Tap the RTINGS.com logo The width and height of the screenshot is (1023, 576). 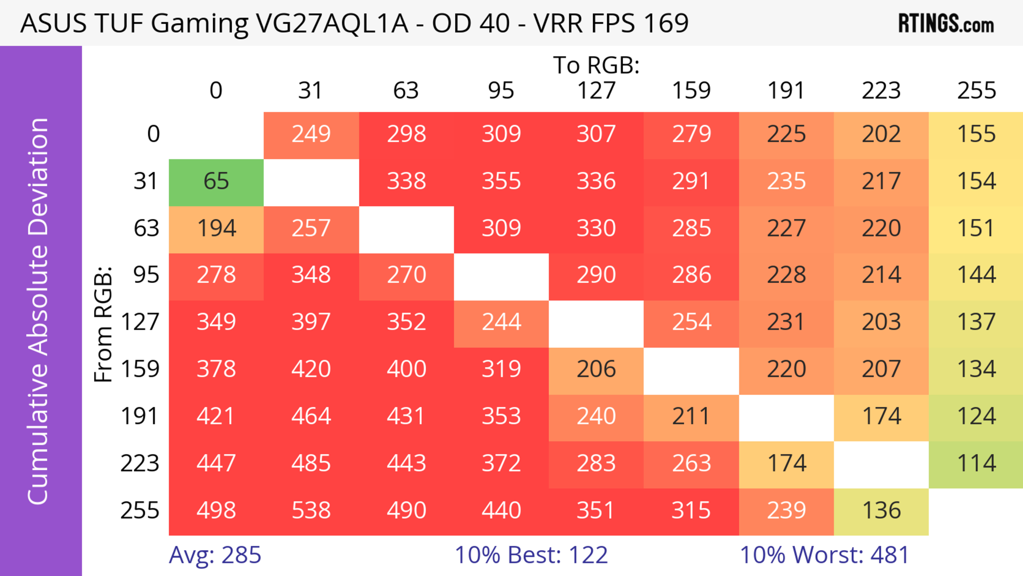[x=946, y=24]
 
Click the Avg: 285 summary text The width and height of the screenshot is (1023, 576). [x=215, y=555]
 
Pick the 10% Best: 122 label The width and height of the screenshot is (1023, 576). [x=531, y=555]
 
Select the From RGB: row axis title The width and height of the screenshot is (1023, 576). [x=103, y=324]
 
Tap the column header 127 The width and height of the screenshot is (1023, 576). [x=596, y=91]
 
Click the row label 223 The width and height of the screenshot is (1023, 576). [x=140, y=463]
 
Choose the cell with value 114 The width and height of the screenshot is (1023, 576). [x=976, y=464]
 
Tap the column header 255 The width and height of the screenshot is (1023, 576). [x=976, y=91]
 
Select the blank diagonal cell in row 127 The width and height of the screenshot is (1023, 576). [x=596, y=324]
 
